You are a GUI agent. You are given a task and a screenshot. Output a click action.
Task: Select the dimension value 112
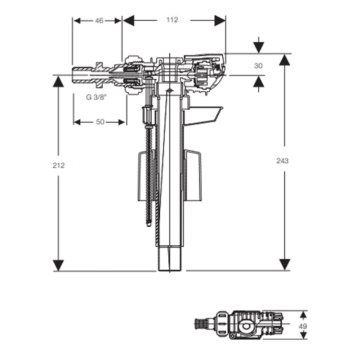(x=172, y=20)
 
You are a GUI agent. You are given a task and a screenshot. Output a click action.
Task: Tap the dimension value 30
(x=258, y=66)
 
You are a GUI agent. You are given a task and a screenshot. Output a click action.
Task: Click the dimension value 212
(x=58, y=165)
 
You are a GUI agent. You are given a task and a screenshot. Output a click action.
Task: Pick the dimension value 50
(x=100, y=122)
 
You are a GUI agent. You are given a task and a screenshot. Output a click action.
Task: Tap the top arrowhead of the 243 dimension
(x=284, y=60)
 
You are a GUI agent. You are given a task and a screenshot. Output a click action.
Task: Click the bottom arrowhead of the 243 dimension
(x=284, y=265)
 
